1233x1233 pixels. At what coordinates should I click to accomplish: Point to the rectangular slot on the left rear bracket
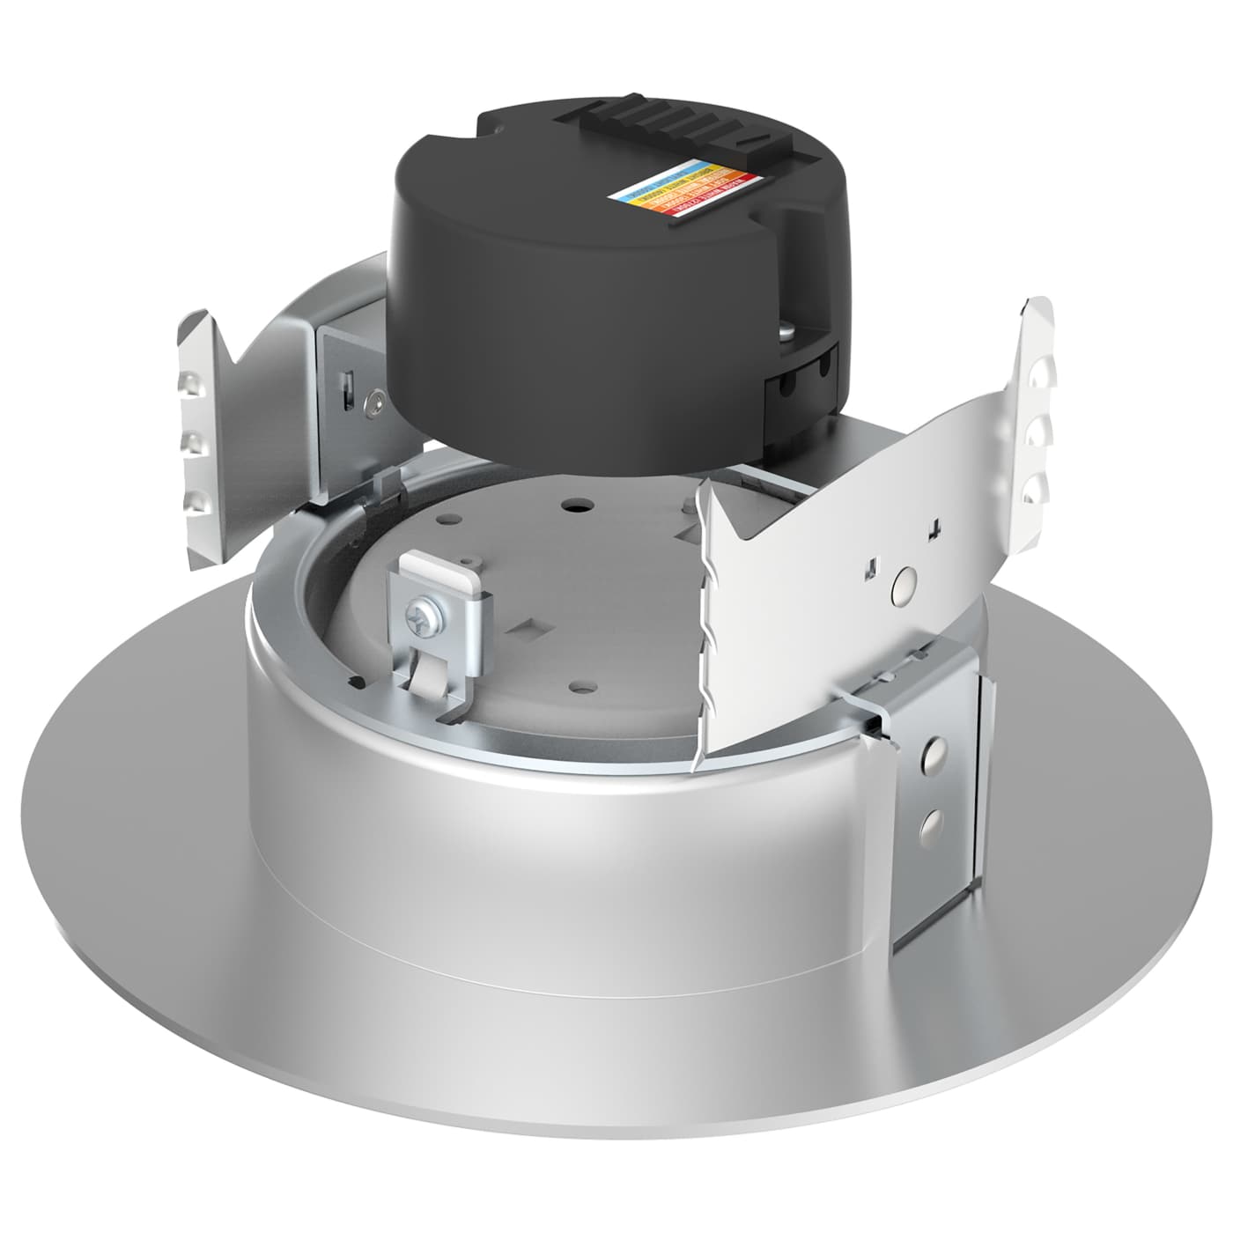pyautogui.click(x=347, y=388)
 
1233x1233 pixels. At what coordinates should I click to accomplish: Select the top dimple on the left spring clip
pyautogui.click(x=188, y=382)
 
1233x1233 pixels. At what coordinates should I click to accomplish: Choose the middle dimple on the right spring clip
pyautogui.click(x=1038, y=432)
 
